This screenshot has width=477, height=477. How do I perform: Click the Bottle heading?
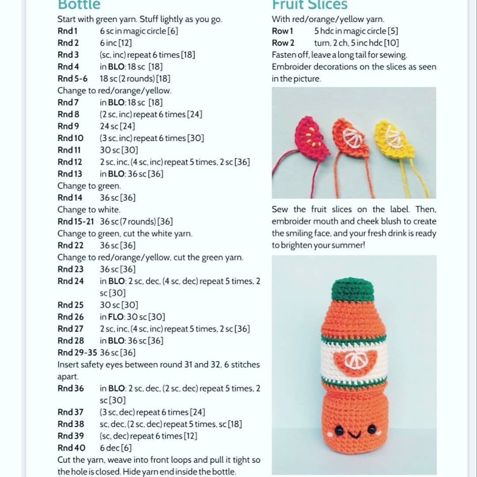79,5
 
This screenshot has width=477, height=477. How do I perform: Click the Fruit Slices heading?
310,5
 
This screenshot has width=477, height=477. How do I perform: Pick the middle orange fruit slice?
351,138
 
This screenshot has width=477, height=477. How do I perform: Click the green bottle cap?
352,290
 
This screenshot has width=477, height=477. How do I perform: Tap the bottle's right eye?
372,429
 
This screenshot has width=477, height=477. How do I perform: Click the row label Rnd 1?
68,31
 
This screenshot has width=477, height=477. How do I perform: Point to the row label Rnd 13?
70,174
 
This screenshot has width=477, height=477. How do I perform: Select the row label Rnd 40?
71,448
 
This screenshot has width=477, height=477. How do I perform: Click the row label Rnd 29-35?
78,353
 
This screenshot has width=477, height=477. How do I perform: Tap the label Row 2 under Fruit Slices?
283,43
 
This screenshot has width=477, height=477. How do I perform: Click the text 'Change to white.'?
89,210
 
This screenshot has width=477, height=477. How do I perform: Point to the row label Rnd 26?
71,317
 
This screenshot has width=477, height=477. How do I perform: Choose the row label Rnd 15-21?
78,222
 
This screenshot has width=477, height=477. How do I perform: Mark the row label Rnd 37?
71,413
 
